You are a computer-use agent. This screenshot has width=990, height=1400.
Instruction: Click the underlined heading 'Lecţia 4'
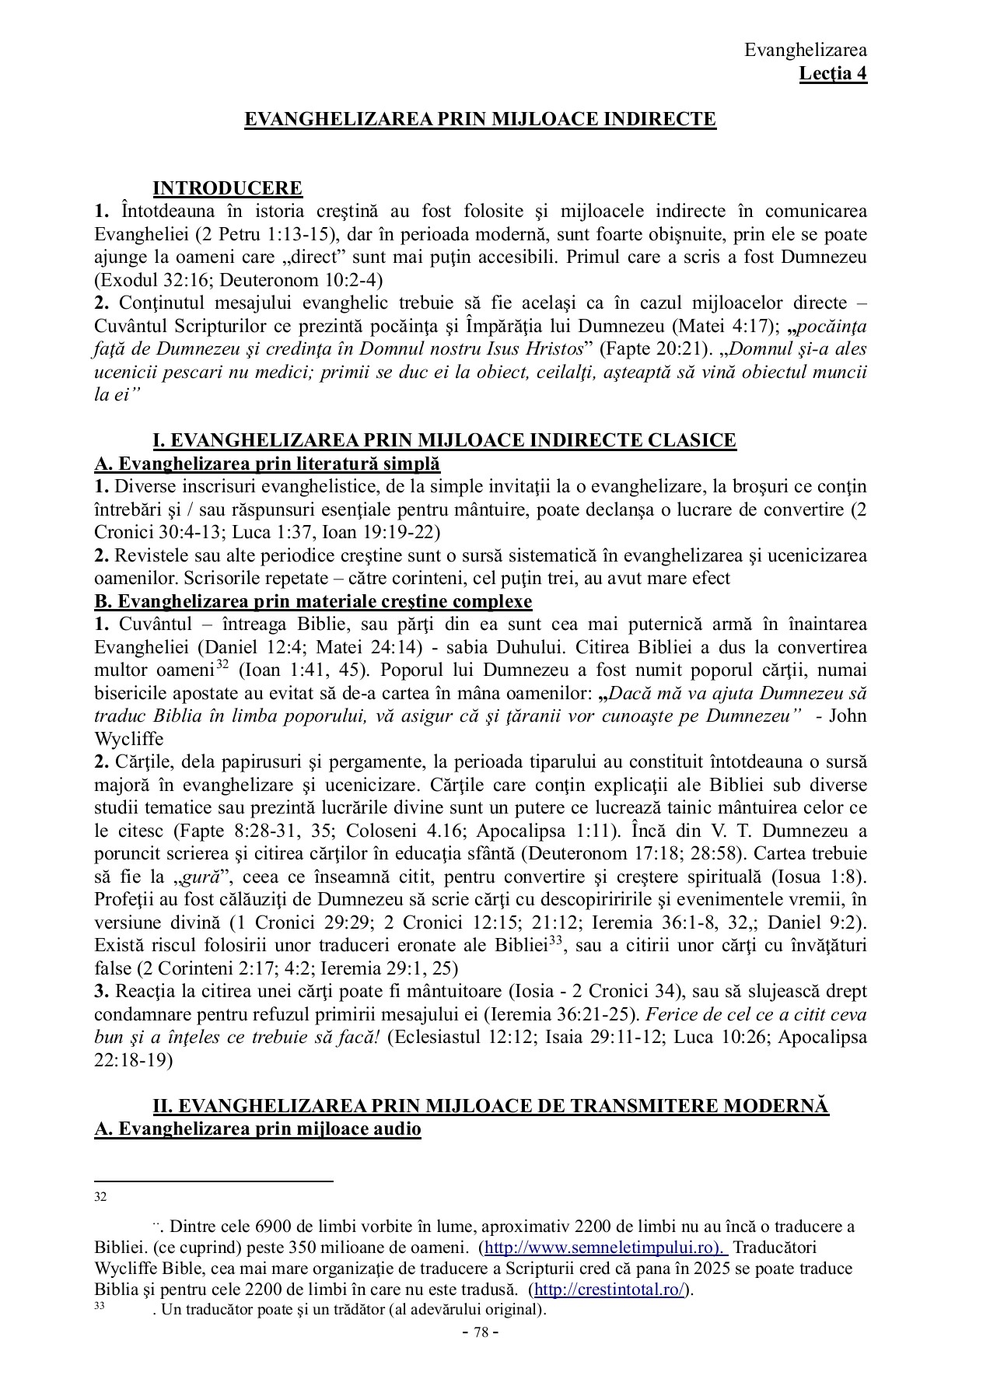tap(834, 74)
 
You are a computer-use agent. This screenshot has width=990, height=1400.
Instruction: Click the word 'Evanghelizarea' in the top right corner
tap(806, 51)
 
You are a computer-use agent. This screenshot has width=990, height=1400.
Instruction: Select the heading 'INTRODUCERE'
tap(228, 188)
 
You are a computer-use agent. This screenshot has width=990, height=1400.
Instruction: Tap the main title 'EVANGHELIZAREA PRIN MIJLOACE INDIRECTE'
tap(480, 119)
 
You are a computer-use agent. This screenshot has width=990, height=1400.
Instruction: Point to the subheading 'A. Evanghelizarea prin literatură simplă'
tap(267, 464)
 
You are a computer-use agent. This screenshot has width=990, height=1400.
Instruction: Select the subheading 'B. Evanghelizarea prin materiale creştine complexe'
tap(313, 601)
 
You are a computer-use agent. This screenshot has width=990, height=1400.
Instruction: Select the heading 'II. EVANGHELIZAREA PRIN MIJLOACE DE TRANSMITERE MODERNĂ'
tap(491, 1106)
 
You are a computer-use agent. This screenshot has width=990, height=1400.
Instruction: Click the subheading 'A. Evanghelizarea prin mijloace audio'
tap(257, 1129)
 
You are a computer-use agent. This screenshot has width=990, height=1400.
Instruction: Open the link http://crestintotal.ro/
tap(611, 1290)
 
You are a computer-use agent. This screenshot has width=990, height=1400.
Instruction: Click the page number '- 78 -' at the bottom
tap(480, 1332)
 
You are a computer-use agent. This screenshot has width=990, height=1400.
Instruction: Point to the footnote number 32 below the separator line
tap(100, 1197)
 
